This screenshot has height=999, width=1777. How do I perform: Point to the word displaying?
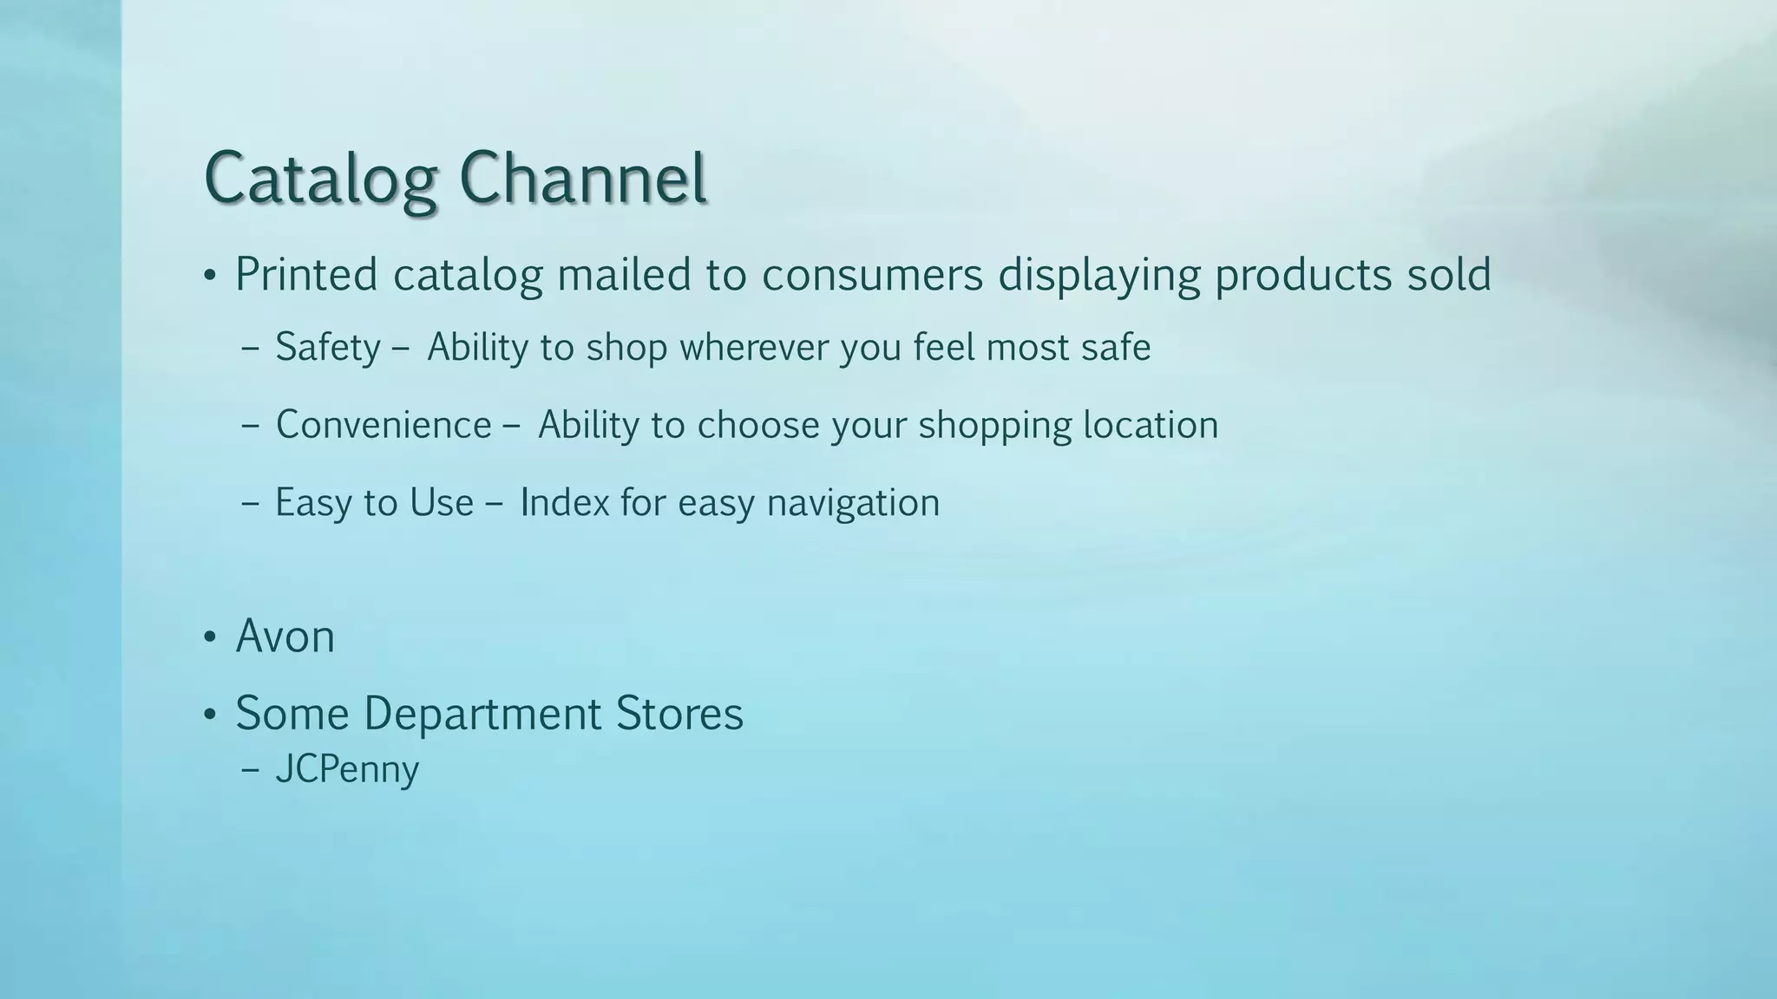[1098, 276]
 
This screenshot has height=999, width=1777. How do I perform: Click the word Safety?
[328, 348]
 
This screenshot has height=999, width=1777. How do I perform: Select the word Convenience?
[384, 425]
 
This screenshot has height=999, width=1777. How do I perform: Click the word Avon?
[285, 637]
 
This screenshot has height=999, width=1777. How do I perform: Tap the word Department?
[482, 714]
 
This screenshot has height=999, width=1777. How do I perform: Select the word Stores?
[679, 714]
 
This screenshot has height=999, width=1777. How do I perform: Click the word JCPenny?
[347, 770]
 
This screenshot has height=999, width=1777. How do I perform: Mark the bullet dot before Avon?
[209, 638]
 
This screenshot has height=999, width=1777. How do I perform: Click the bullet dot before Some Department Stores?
[209, 715]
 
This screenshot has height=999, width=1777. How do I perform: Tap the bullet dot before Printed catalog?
[209, 277]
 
